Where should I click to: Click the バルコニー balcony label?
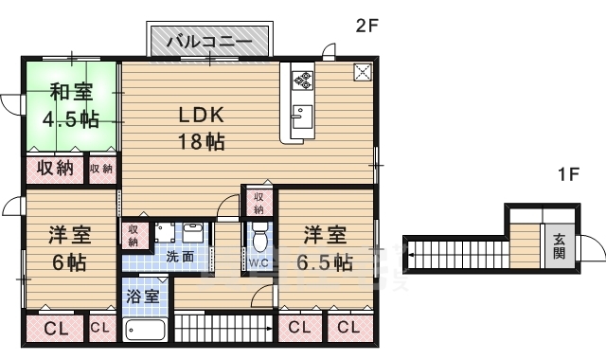[x=210, y=42]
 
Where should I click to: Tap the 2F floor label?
[x=367, y=27]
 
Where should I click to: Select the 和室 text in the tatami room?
[x=71, y=93]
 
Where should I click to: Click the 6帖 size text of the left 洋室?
[x=68, y=262]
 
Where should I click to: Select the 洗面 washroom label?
[x=181, y=256]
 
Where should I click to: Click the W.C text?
[x=258, y=261]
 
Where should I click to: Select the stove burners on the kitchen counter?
[x=303, y=80]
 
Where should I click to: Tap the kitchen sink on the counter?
[x=301, y=117]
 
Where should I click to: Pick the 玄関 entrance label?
[x=559, y=249]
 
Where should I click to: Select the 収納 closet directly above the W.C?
[x=258, y=203]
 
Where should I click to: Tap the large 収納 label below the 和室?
[x=55, y=170]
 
